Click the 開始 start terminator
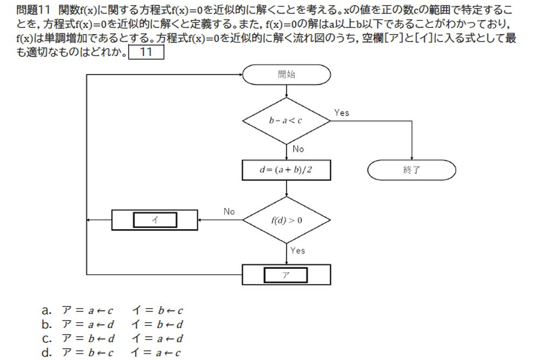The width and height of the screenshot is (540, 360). [286, 75]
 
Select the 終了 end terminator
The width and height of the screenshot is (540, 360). [411, 170]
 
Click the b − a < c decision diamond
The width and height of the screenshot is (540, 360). [286, 121]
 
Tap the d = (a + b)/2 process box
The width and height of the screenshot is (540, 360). [286, 170]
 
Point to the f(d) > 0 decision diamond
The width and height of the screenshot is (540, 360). [286, 220]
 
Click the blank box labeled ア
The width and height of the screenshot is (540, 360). [286, 275]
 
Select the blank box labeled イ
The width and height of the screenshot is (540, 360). [155, 220]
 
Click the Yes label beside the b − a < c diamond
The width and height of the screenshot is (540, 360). [341, 113]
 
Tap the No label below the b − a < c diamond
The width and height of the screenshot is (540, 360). [298, 149]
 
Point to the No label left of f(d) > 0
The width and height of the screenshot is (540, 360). [229, 212]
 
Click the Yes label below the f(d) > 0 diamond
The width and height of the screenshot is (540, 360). [298, 250]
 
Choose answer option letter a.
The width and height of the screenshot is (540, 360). [47, 310]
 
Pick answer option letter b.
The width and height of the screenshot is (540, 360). [47, 324]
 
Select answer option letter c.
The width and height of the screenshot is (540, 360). [47, 339]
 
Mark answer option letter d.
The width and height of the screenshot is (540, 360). [47, 353]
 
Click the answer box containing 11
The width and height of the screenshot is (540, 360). [146, 52]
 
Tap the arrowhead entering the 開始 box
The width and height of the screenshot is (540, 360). [239, 75]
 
